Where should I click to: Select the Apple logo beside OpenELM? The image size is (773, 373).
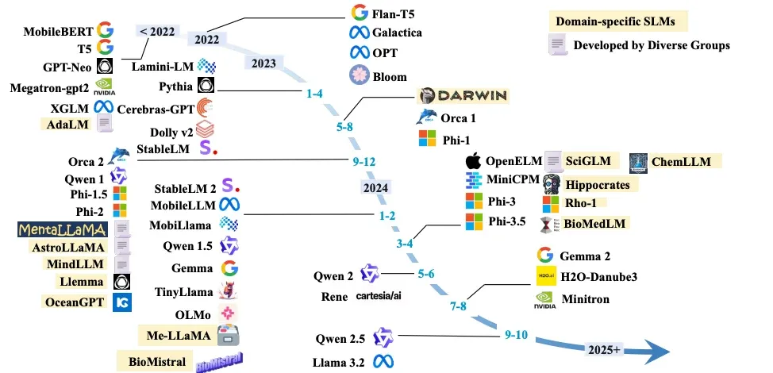(x=473, y=161)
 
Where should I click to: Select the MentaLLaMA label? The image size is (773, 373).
(x=62, y=229)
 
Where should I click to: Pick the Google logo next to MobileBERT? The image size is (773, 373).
(x=106, y=29)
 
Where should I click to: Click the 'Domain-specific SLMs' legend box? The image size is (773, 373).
(x=620, y=21)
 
